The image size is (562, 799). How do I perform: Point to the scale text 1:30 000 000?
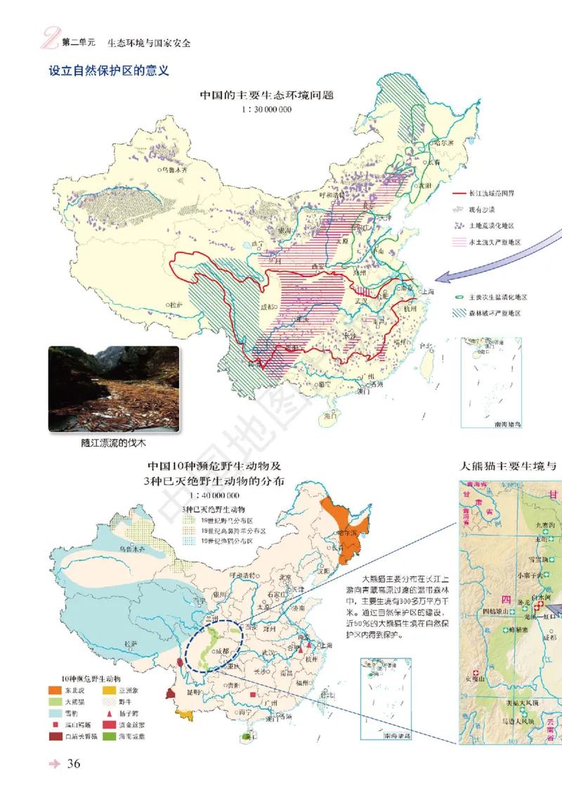click(x=266, y=110)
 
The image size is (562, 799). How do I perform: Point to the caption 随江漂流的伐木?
click(x=113, y=444)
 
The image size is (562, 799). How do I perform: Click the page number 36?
click(x=74, y=764)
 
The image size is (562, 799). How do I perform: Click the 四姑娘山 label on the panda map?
click(x=495, y=611)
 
